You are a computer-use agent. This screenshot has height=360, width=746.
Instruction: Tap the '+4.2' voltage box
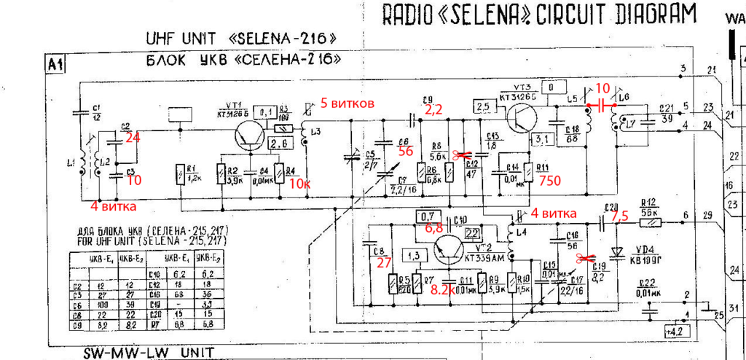coord(675,332)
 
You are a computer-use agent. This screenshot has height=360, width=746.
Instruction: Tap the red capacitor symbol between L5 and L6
coord(602,106)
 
